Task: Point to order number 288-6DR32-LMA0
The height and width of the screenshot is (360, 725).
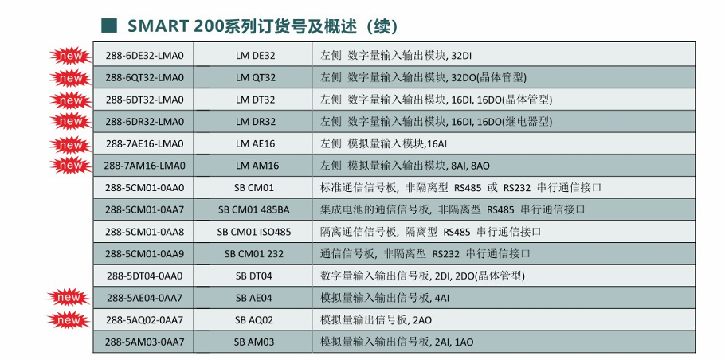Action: coord(144,122)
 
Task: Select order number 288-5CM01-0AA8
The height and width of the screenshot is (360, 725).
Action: coord(144,232)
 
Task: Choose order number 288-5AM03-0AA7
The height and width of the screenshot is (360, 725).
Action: coord(144,342)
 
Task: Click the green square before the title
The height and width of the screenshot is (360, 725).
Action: coord(110,24)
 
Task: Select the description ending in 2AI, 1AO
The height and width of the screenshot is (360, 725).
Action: coord(397,342)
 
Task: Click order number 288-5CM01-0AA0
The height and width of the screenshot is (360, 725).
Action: coord(144,188)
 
